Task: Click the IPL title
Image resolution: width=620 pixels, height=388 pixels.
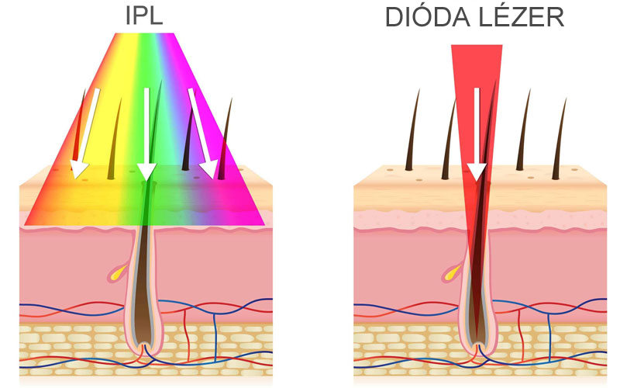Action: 146,17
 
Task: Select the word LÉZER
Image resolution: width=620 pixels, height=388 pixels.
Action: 522,17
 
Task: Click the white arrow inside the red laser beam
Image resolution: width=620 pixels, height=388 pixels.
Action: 477,136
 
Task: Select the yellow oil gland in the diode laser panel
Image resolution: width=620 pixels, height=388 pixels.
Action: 451,272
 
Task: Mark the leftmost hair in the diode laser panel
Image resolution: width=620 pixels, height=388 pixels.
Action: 415,132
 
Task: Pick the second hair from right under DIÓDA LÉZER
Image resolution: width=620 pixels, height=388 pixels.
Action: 525,132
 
